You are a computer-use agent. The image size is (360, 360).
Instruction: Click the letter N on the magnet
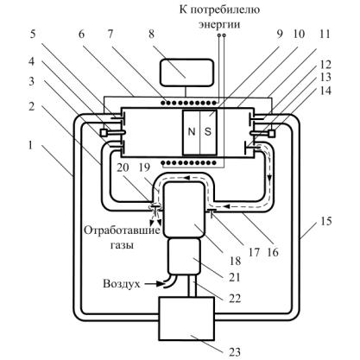tap(192, 131)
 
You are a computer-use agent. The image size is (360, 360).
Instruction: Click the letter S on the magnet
tap(208, 131)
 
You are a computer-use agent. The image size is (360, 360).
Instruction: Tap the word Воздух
tap(122, 284)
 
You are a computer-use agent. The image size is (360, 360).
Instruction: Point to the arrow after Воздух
tap(153, 284)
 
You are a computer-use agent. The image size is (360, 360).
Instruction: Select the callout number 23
tap(235, 352)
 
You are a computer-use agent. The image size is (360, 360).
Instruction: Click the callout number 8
tap(151, 35)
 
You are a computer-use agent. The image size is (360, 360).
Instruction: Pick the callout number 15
tap(325, 222)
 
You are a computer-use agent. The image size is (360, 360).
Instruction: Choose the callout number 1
tap(31, 145)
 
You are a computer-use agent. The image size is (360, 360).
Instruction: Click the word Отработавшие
tap(122, 231)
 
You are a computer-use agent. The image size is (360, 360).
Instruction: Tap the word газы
tap(123, 245)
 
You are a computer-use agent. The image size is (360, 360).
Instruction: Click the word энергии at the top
tap(219, 24)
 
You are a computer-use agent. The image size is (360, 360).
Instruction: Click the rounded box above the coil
tap(186, 73)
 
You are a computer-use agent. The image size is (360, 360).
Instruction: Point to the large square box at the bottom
tap(186, 319)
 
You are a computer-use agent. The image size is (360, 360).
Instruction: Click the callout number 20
tap(123, 167)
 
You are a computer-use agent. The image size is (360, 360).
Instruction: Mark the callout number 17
tap(255, 253)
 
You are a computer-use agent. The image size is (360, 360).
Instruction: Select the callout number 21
tap(235, 277)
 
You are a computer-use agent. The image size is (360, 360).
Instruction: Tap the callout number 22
tap(235, 299)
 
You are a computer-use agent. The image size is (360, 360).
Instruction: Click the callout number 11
tap(325, 35)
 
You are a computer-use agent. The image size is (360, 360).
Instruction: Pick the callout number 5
tap(33, 35)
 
